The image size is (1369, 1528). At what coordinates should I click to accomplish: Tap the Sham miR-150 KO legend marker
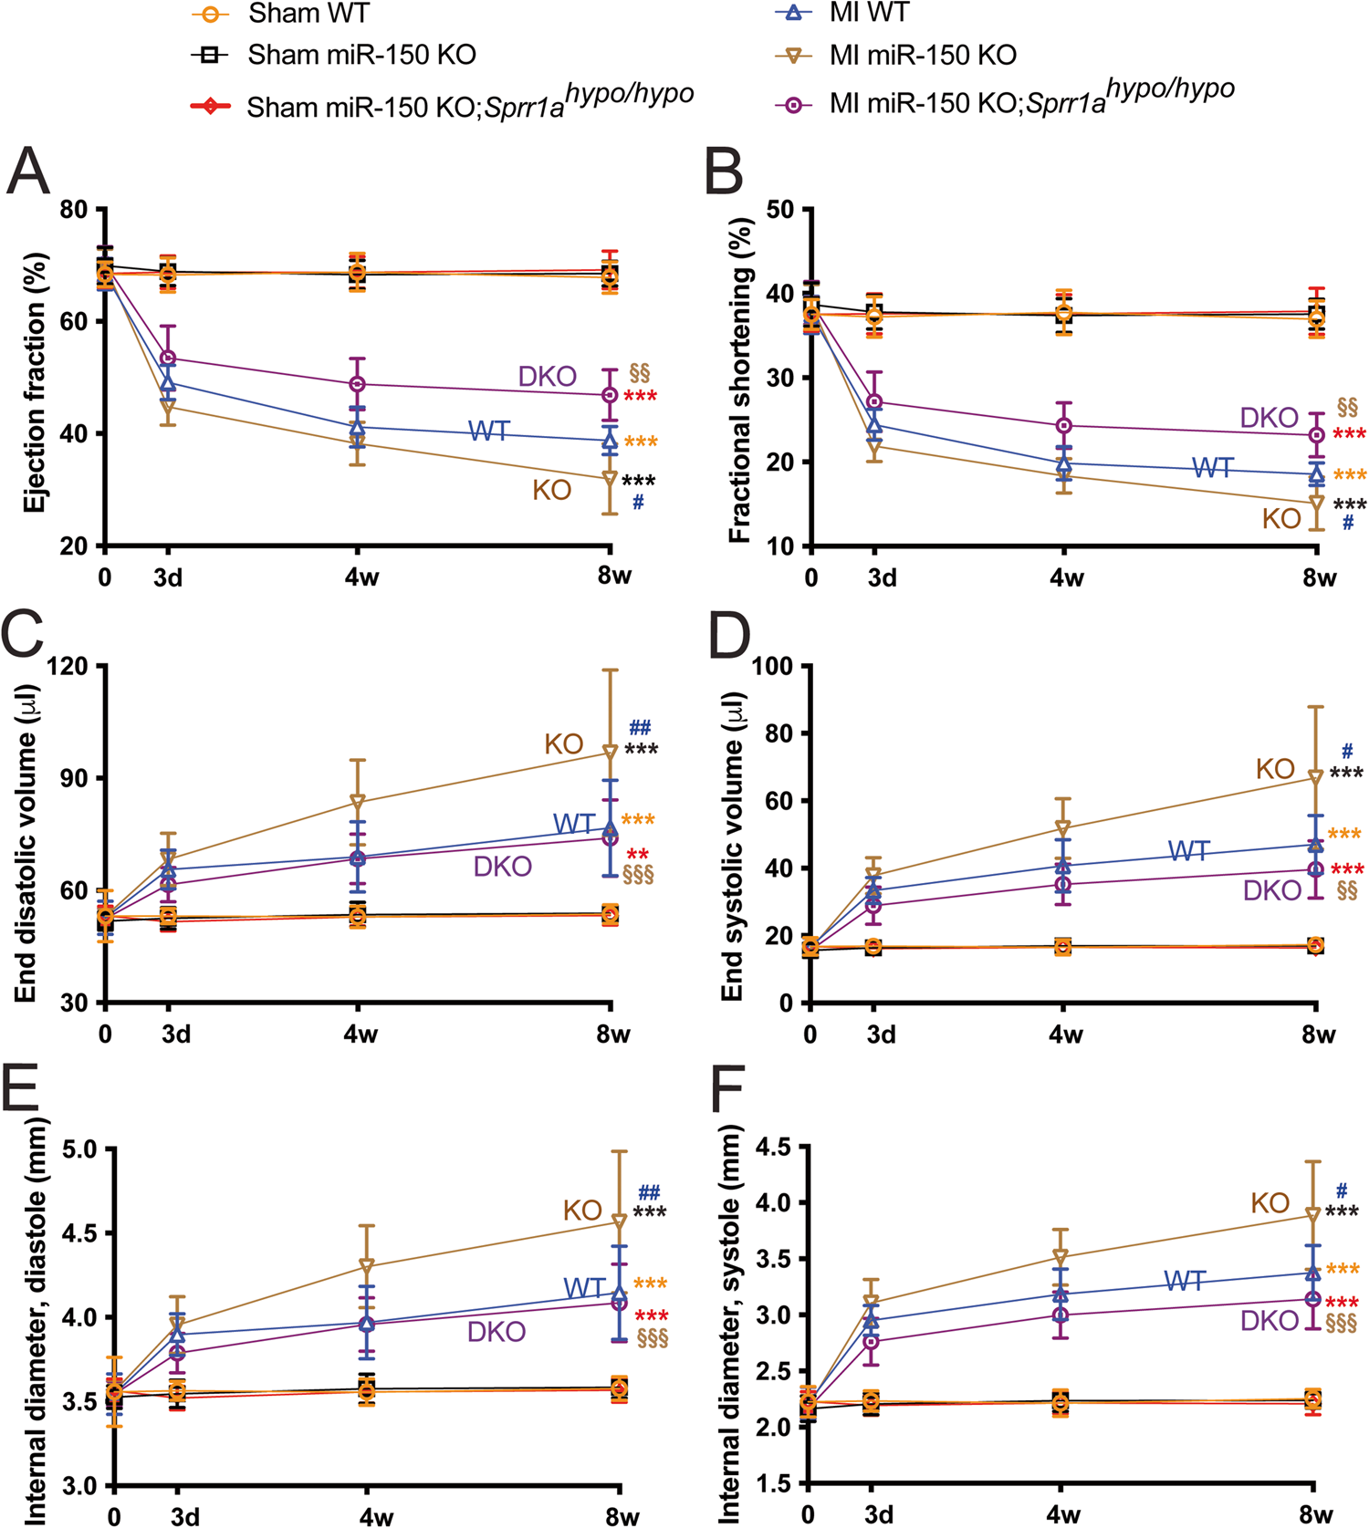(210, 55)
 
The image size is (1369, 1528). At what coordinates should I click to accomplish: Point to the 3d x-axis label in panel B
(881, 578)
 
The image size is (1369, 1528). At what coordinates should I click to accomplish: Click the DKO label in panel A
(548, 377)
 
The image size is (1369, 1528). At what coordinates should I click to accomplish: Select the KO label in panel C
(563, 744)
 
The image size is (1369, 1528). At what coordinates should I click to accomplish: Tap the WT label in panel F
(1185, 1282)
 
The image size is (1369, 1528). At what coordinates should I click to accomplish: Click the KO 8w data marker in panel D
(1315, 778)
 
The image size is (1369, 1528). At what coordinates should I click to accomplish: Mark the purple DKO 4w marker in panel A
(358, 384)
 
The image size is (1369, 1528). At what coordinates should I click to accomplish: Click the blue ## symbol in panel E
(649, 1192)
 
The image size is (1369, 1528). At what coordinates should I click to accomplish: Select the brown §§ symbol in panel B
(1347, 406)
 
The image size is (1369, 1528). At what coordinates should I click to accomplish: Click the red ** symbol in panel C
(637, 855)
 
